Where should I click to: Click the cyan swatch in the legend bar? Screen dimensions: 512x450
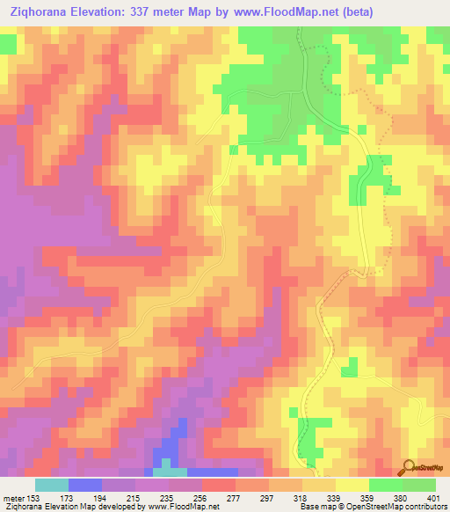click(x=51, y=485)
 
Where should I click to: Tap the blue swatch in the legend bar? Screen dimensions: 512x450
click(x=84, y=485)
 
